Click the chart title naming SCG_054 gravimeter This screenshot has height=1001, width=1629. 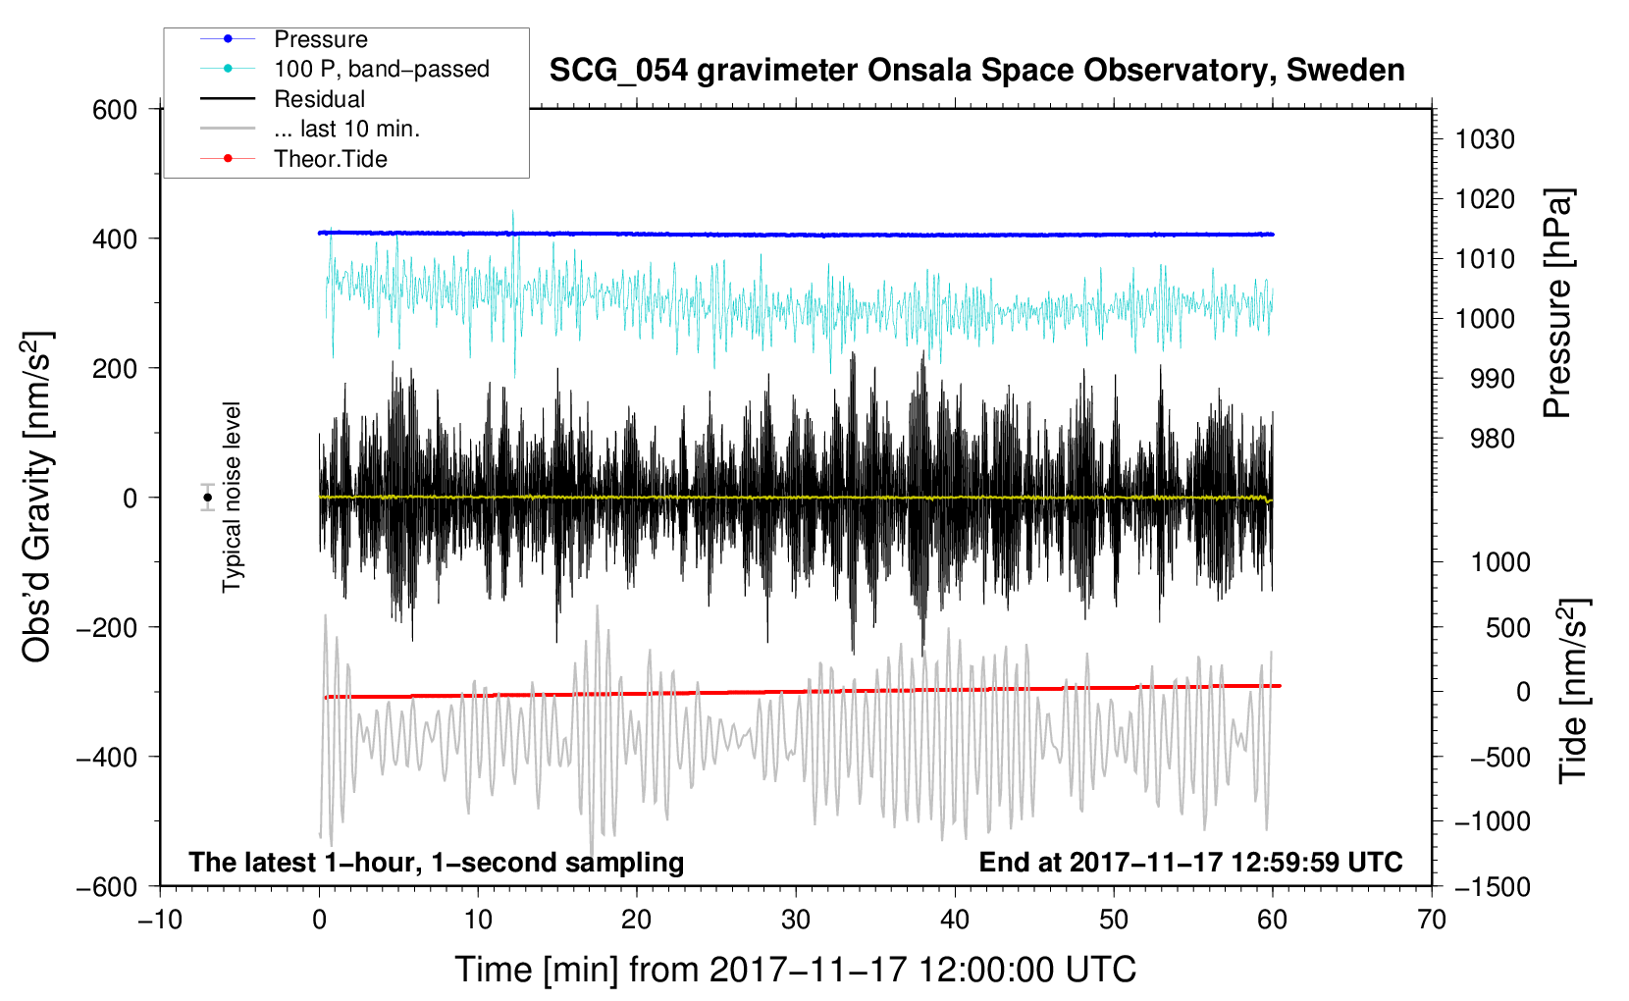(976, 71)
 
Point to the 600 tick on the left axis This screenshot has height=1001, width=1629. (115, 110)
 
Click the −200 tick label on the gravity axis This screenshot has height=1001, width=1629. (107, 627)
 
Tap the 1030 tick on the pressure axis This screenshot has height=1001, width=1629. (1485, 139)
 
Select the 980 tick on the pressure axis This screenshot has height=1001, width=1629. (1493, 439)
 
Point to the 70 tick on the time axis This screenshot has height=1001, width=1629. (1431, 921)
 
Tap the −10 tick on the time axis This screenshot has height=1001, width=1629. (160, 921)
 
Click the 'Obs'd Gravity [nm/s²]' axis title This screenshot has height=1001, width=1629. (37, 497)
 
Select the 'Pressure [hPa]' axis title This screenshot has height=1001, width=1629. (1557, 303)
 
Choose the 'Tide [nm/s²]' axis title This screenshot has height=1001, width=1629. (1574, 691)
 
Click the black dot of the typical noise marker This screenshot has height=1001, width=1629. (207, 498)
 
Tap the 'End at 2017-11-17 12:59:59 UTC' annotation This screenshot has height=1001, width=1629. (1190, 862)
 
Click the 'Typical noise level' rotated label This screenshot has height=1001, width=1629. (232, 497)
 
